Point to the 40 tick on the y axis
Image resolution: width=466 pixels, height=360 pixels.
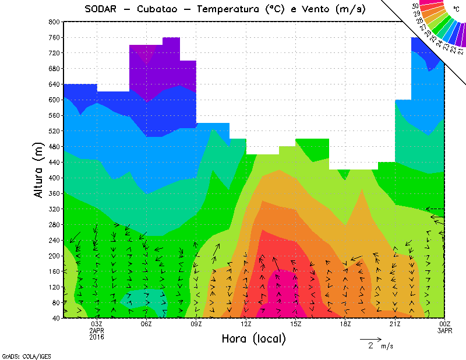coord(55,318)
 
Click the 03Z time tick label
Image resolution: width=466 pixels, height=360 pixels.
coord(97,324)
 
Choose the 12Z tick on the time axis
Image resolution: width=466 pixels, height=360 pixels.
coord(246,324)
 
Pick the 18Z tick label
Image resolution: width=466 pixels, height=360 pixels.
coord(345,324)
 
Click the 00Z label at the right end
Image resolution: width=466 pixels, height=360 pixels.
coord(445,324)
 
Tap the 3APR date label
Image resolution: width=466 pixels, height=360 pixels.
coord(445,331)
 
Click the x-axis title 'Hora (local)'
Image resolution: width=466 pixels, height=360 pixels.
coord(253,338)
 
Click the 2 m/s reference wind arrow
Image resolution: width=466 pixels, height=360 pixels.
coord(370,338)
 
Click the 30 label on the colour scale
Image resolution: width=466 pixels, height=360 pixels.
coord(415,6)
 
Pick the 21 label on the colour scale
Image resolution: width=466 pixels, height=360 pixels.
coord(461,51)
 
